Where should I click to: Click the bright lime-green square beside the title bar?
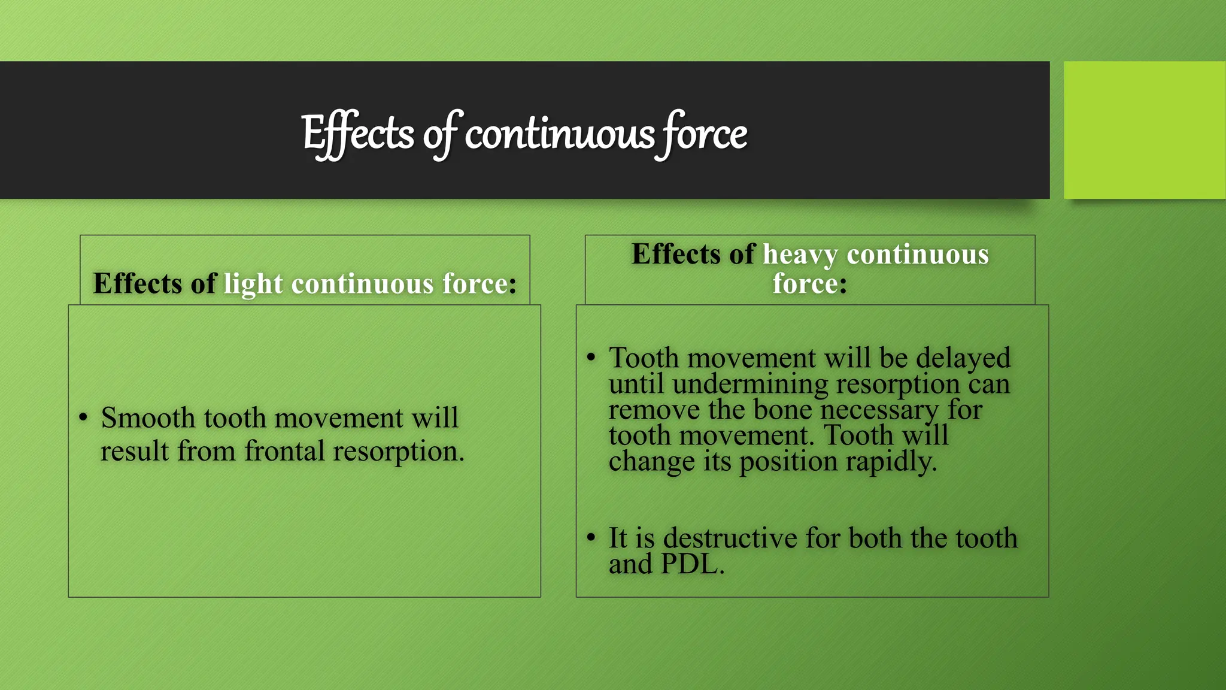click(x=1145, y=130)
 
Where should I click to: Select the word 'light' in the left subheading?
click(x=253, y=284)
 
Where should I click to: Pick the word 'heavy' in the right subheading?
click(x=800, y=255)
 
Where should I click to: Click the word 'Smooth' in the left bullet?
click(x=148, y=417)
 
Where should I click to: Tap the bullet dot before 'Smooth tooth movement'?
click(x=83, y=417)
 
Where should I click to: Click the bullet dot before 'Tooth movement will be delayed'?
click(x=591, y=358)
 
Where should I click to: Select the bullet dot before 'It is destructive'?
click(x=591, y=537)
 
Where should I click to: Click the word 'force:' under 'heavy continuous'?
click(x=809, y=284)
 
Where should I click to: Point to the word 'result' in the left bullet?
click(x=134, y=451)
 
